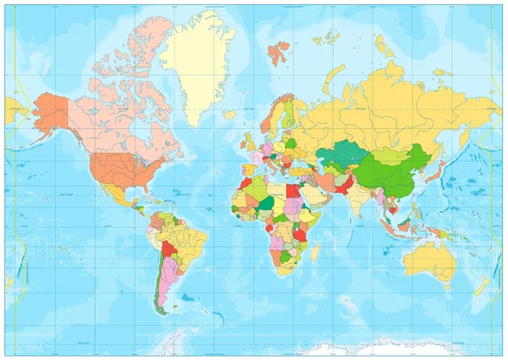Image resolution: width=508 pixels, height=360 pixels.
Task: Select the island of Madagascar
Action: coord(315,252)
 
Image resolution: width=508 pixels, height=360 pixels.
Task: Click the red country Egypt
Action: coord(293,191)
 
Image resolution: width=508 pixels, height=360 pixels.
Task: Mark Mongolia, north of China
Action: coord(389,156)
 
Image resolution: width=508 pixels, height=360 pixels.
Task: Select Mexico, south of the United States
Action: coord(119,196)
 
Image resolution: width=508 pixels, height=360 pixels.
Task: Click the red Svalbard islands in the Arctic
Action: coord(278,53)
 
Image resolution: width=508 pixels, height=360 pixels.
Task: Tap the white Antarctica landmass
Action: coord(356,348)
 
